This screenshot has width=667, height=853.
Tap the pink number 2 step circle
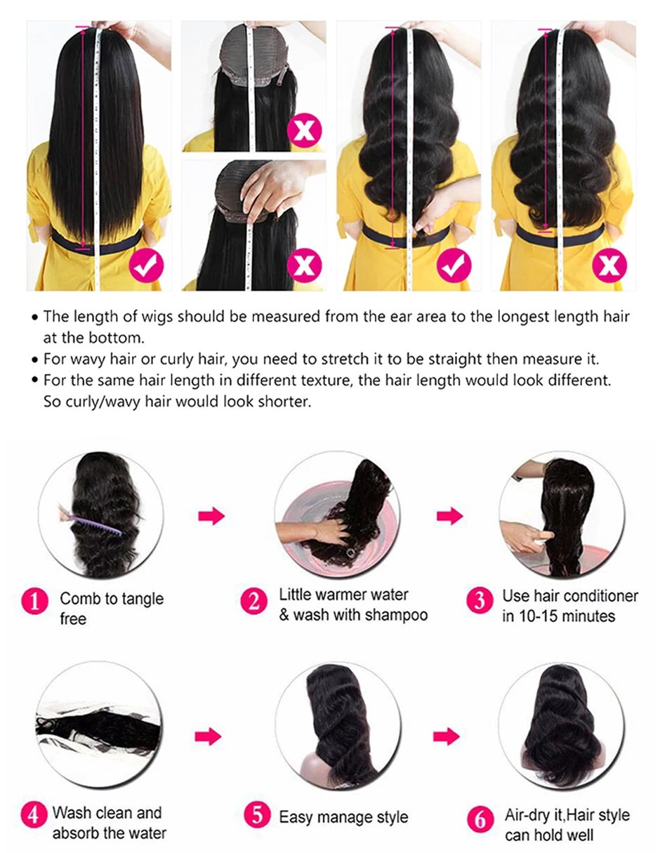[254, 602]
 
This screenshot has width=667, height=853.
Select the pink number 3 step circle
[480, 602]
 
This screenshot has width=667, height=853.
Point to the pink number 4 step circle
[33, 816]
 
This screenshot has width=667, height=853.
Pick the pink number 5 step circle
[257, 815]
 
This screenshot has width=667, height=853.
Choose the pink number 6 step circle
[481, 819]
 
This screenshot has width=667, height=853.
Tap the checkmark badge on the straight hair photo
[146, 265]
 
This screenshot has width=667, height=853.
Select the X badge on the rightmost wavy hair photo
[608, 266]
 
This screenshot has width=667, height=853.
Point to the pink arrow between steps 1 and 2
[211, 517]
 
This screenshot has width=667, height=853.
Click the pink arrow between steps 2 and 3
[449, 517]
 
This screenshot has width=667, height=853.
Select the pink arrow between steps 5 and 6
[446, 736]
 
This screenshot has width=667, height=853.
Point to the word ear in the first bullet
[376, 317]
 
